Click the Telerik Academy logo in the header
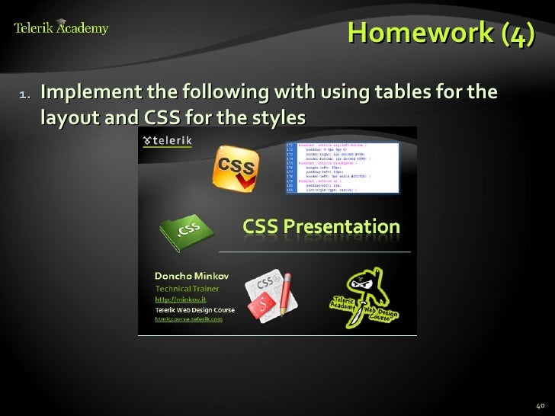(x=61, y=29)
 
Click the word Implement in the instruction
(x=88, y=94)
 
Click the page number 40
(x=541, y=405)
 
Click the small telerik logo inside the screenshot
(x=168, y=141)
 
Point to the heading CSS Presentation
(x=321, y=226)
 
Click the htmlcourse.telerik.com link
(x=189, y=319)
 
